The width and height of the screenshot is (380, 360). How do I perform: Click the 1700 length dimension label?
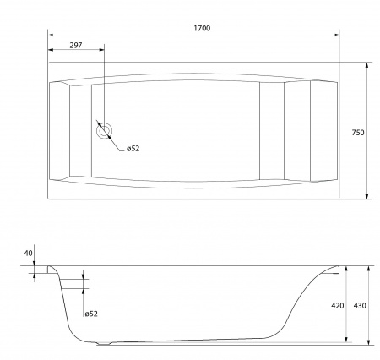[202, 28]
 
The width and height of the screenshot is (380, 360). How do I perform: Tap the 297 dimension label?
[76, 46]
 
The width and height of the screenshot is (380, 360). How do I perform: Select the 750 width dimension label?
[358, 133]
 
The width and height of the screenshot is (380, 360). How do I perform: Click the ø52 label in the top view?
[133, 149]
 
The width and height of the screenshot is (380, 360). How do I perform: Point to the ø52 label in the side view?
[91, 314]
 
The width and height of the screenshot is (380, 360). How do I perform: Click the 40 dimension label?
[28, 254]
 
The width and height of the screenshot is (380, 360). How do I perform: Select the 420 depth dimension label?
[337, 306]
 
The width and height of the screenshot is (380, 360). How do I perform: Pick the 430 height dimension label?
[360, 306]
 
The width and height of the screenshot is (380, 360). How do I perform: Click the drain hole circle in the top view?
[105, 131]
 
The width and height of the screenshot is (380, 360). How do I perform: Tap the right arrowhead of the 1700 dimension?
[336, 35]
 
